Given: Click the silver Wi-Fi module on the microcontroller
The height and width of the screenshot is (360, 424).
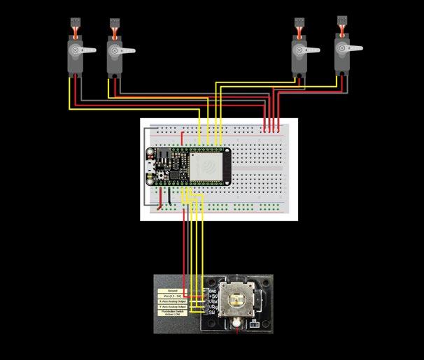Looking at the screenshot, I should click(208, 166).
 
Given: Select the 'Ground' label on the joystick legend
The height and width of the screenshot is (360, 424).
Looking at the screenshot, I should click(172, 289).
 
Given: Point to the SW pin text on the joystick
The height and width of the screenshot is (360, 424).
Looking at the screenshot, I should click(212, 314).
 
